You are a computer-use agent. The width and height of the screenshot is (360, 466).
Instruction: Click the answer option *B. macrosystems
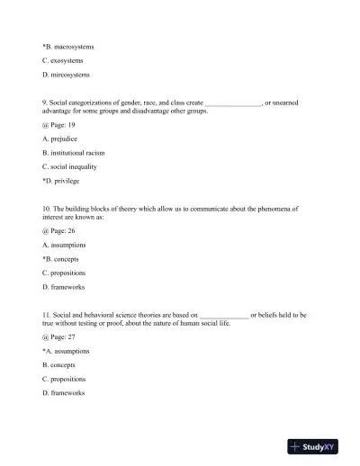tap(68, 45)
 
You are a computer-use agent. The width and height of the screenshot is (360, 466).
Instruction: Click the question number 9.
tap(45, 103)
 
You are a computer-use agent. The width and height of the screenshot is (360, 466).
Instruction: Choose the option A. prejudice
tap(64, 139)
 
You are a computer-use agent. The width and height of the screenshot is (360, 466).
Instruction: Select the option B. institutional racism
tap(80, 153)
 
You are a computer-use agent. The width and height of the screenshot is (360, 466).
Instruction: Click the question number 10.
tap(47, 208)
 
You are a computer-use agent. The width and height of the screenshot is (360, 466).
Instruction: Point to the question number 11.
tap(47, 315)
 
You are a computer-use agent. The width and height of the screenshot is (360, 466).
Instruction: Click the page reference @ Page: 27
tap(60, 336)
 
